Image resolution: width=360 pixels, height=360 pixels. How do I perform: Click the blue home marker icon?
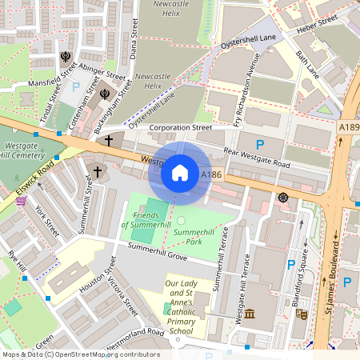(x=180, y=172)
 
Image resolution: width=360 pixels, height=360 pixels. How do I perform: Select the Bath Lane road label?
(x=307, y=68)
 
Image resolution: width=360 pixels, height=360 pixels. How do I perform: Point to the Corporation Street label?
(x=180, y=127)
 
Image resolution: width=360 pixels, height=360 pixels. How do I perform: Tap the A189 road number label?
(x=349, y=127)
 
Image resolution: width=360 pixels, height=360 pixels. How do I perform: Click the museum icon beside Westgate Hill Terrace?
(x=250, y=314)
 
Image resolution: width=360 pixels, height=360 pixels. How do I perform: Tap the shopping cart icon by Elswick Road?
(x=20, y=200)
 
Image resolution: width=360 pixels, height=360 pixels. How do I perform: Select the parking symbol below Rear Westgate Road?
(x=260, y=144)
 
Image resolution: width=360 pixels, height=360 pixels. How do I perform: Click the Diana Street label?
(x=134, y=41)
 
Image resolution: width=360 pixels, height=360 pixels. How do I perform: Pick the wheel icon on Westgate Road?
(x=282, y=197)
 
